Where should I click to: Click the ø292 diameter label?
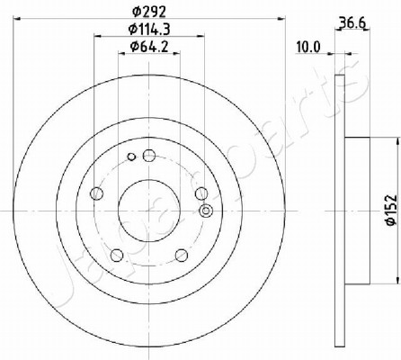(x=149, y=12)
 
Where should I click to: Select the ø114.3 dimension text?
(x=149, y=30)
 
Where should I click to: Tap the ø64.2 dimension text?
(x=149, y=47)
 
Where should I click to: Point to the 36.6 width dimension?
(x=352, y=22)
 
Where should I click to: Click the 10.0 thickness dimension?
(x=308, y=47)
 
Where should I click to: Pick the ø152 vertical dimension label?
(x=392, y=210)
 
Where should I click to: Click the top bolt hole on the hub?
(x=149, y=155)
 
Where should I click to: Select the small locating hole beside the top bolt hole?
(x=131, y=157)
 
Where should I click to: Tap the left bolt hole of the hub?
(x=96, y=193)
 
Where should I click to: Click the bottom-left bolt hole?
(x=117, y=255)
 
